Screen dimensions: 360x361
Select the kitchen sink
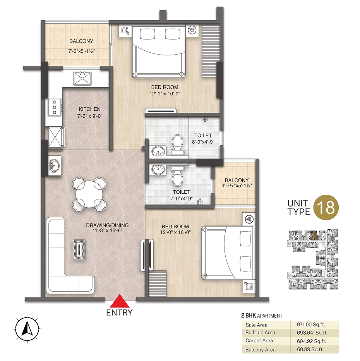point(82,78)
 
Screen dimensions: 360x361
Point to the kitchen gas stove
point(55,107)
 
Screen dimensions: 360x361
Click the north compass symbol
point(27,328)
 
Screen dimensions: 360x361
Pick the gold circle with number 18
point(326,207)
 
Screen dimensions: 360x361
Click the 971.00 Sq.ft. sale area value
point(311,324)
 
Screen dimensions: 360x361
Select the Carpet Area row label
point(259,340)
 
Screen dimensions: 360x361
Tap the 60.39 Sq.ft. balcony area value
point(310,349)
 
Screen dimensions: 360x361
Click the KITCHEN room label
point(90,109)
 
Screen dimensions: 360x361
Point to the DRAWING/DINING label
point(107,225)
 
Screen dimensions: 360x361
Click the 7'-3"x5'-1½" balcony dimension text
point(82,51)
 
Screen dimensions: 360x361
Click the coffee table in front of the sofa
point(79,250)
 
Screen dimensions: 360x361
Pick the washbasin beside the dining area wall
point(55,165)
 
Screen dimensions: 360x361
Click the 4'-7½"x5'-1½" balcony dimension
point(237,186)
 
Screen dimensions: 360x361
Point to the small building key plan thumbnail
point(313,259)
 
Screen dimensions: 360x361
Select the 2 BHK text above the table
point(249,315)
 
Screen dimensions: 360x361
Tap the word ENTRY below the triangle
point(119,313)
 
